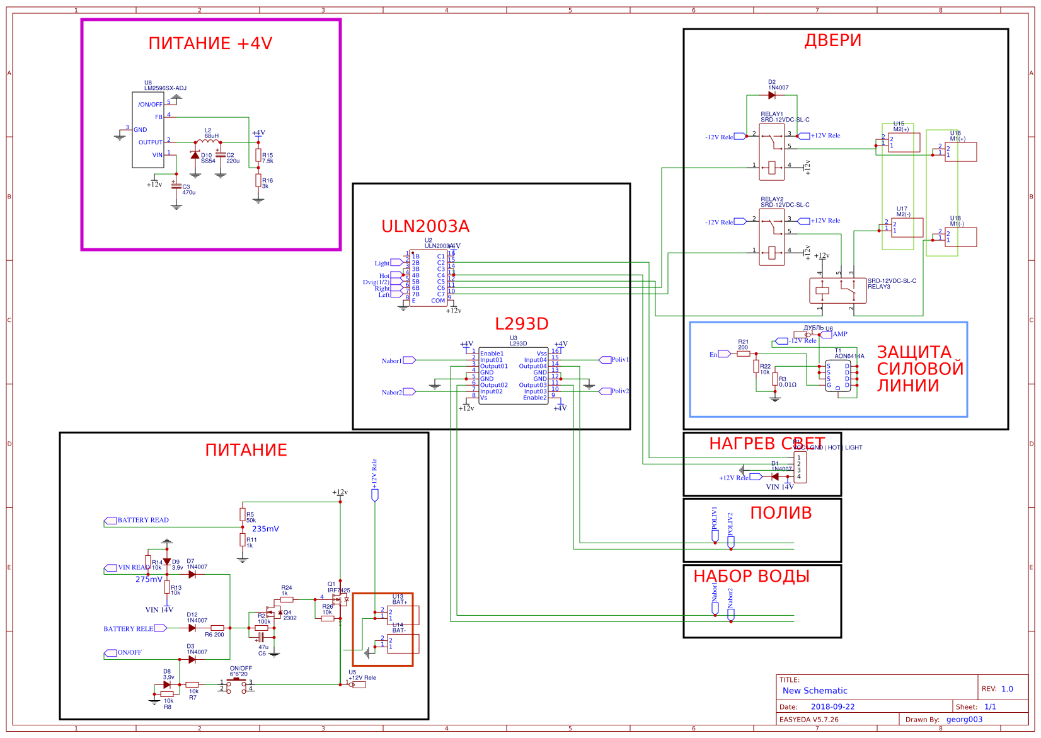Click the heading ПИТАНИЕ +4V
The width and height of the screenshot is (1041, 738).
click(x=210, y=43)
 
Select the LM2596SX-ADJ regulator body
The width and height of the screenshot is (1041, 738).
click(x=148, y=130)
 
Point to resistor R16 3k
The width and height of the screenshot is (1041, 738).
click(x=258, y=181)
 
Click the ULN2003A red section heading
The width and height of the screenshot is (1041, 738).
click(x=425, y=226)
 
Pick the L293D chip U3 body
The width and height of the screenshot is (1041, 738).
click(x=513, y=376)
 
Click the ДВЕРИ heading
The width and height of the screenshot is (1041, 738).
click(x=832, y=40)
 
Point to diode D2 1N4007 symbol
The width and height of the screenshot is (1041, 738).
click(x=771, y=95)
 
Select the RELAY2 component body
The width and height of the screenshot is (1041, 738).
click(x=771, y=237)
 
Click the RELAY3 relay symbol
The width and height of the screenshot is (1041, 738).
click(x=837, y=291)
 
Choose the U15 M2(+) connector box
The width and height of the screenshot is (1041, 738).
click(x=904, y=142)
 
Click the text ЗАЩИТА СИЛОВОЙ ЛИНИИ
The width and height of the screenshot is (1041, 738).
click(x=919, y=369)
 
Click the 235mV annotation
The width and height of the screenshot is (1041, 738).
click(x=265, y=529)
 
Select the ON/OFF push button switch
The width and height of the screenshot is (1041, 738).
click(x=237, y=685)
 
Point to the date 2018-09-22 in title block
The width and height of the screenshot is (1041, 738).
click(x=832, y=706)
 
